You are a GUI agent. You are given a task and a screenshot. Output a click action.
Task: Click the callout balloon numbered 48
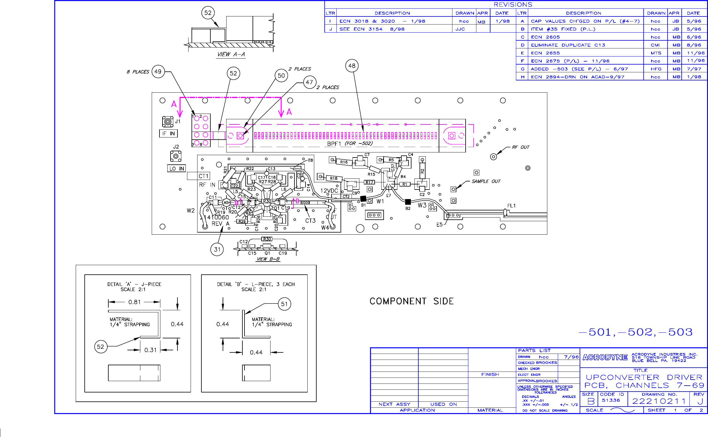click(x=352, y=66)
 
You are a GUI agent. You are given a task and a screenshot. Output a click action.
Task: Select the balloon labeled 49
click(x=158, y=72)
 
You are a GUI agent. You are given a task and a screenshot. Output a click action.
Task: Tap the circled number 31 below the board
click(x=217, y=249)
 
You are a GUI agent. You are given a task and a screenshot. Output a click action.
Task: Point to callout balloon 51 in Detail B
click(x=284, y=304)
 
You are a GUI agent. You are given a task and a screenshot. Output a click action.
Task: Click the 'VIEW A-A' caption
click(x=231, y=54)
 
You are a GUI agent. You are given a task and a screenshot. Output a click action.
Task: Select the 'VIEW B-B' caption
click(x=268, y=259)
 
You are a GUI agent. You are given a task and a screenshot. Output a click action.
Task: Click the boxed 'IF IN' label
click(x=168, y=133)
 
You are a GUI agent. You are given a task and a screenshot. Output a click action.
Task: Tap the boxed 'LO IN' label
click(x=177, y=169)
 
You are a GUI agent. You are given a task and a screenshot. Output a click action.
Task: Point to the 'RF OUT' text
click(x=520, y=147)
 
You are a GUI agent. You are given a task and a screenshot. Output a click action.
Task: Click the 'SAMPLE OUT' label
click(x=486, y=181)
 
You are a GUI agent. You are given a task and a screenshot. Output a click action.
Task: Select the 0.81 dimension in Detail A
click(x=134, y=302)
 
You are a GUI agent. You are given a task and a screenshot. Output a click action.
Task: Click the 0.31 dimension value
click(x=150, y=350)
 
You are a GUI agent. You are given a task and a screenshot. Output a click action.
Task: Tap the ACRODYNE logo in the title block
click(x=605, y=357)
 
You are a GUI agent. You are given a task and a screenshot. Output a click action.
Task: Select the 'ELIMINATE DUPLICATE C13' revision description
click(x=568, y=45)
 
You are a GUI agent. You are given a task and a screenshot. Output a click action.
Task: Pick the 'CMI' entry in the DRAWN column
click(x=655, y=45)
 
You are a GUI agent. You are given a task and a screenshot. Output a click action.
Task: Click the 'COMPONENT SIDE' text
click(x=411, y=301)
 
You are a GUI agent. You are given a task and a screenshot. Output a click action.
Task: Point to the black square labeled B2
click(x=408, y=202)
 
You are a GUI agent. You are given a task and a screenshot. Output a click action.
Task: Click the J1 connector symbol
click(x=168, y=122)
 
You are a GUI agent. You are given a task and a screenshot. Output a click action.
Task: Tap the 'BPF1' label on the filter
click(x=334, y=144)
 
